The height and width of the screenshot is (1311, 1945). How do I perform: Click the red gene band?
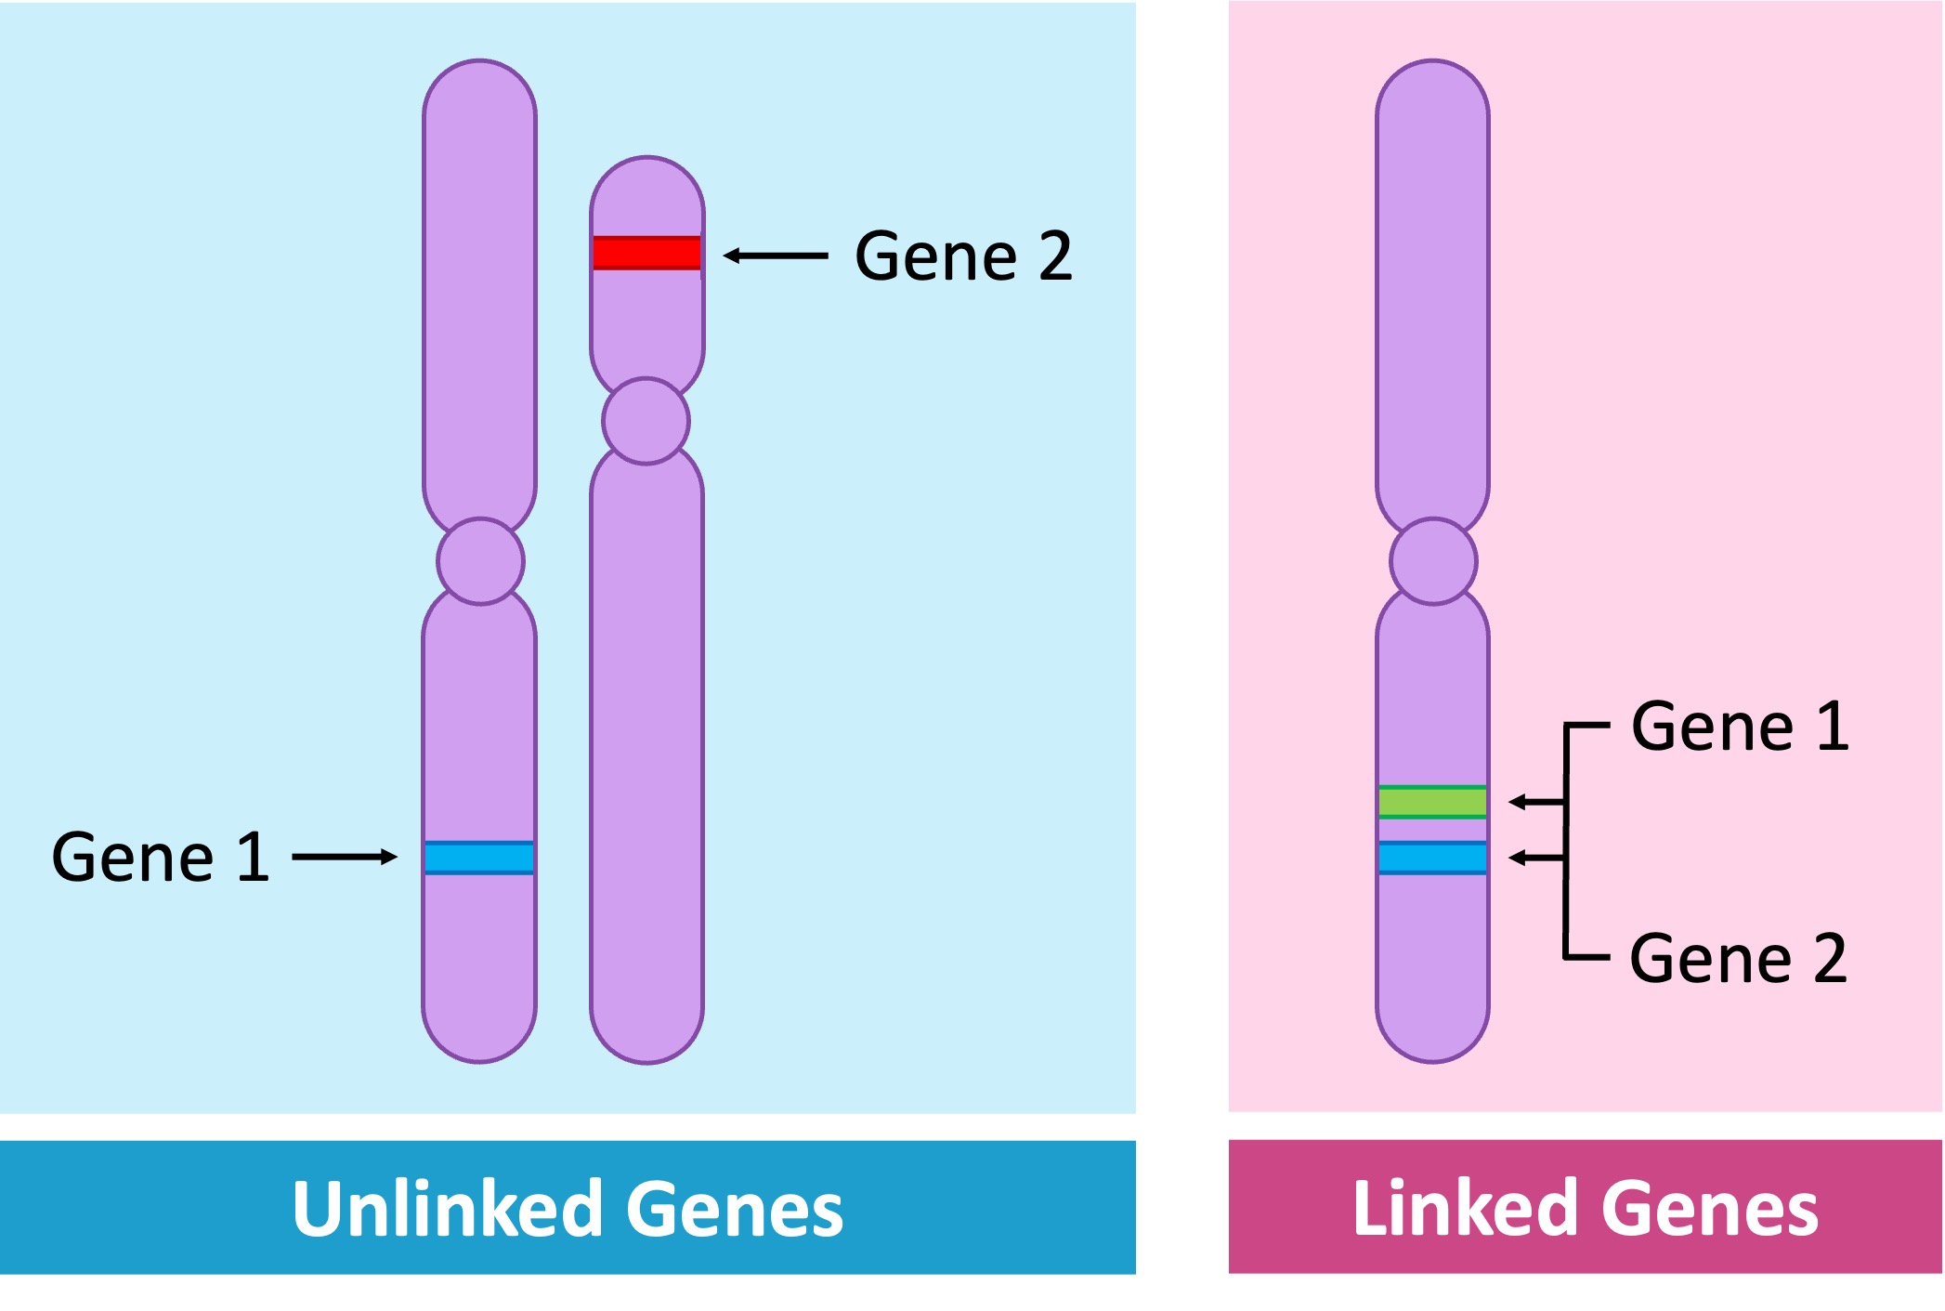click(x=646, y=253)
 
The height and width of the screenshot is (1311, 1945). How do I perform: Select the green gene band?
click(x=1431, y=801)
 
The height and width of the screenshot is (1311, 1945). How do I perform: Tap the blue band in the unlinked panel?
click(x=479, y=857)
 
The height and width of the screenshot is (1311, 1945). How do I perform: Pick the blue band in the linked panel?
click(x=1431, y=857)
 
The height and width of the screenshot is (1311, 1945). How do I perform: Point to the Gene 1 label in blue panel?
click(x=160, y=857)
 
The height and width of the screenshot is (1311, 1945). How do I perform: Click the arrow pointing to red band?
click(x=775, y=256)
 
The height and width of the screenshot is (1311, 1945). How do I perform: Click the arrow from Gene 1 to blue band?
click(x=345, y=857)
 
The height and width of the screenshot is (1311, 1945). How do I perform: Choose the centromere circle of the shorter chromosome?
click(x=646, y=421)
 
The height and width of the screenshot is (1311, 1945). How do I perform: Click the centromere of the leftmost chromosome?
click(x=480, y=561)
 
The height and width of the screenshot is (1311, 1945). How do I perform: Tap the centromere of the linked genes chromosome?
click(x=1433, y=561)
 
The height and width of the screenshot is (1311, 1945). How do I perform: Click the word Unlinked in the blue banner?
click(x=447, y=1208)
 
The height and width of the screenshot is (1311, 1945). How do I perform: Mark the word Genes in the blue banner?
click(x=734, y=1208)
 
